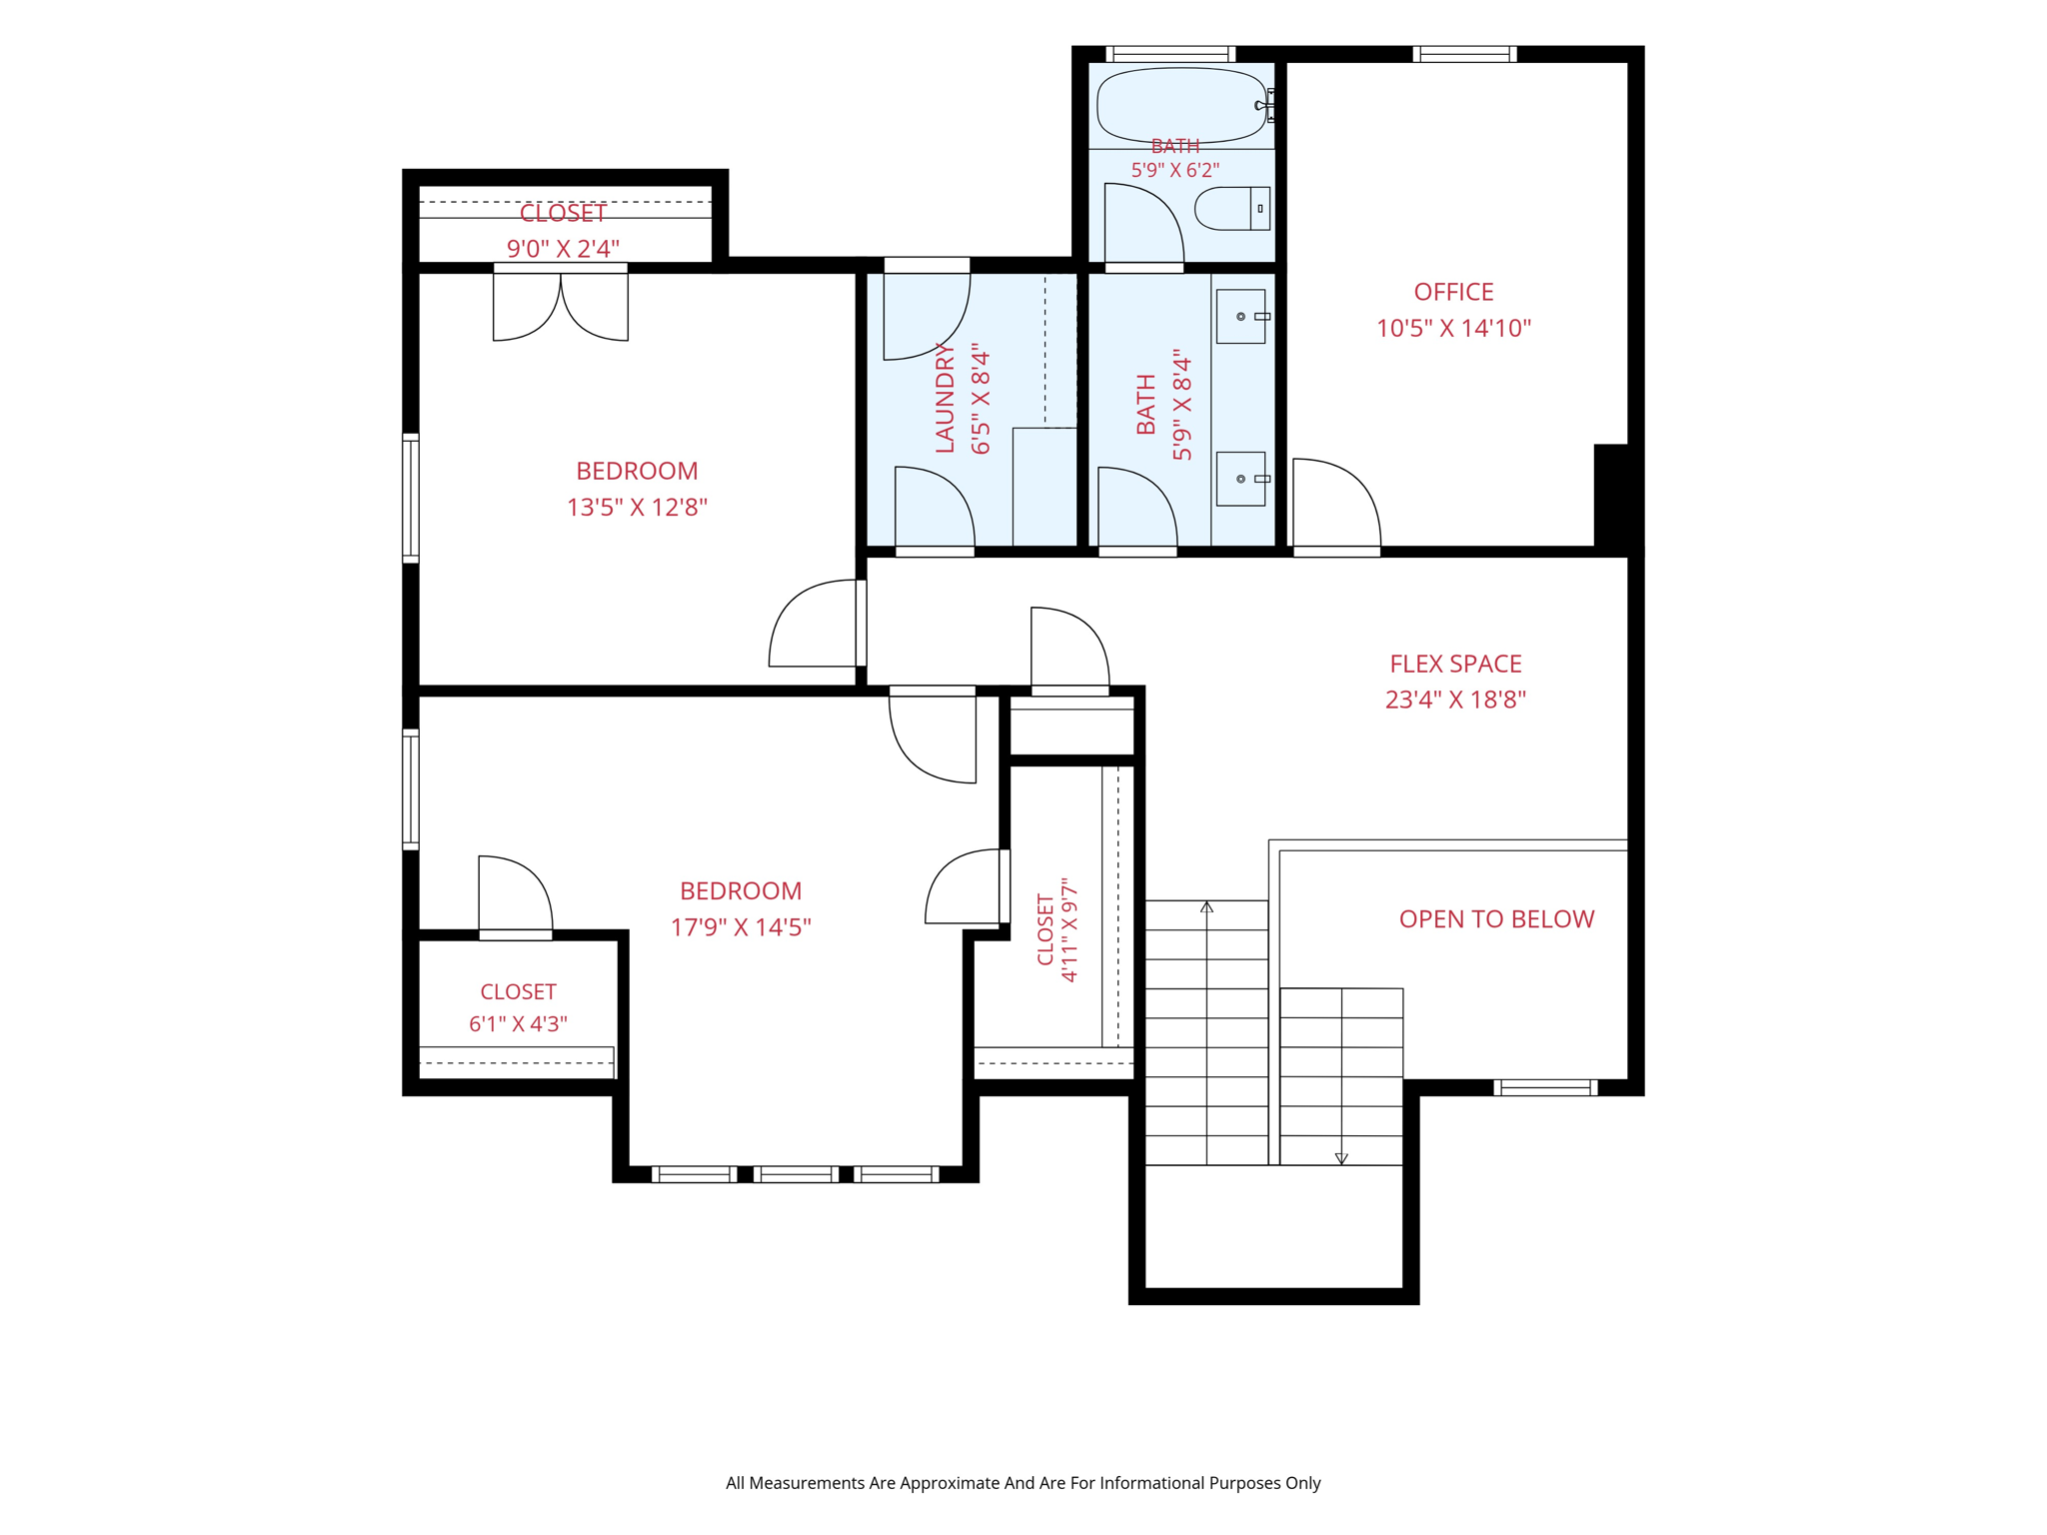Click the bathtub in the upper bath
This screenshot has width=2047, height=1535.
tap(1180, 105)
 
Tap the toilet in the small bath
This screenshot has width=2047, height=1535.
tap(1231, 208)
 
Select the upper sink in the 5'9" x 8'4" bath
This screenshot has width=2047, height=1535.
tap(1241, 316)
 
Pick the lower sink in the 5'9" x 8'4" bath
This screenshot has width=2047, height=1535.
tap(1241, 479)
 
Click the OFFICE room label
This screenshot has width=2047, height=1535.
tap(1453, 292)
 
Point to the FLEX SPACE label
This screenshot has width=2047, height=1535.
tap(1455, 664)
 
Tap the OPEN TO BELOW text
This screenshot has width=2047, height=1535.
tap(1496, 918)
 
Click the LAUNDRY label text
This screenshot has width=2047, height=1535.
tap(946, 397)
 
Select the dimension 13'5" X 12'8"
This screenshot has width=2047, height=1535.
tap(637, 508)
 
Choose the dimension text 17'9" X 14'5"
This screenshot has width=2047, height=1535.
tap(741, 927)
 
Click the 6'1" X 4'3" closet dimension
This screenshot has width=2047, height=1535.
tap(518, 1024)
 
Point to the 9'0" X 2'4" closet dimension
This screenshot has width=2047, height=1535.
tap(563, 249)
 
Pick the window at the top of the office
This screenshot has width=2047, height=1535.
tap(1464, 54)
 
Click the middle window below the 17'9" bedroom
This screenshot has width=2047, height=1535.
tap(796, 1174)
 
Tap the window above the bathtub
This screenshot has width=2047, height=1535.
tap(1170, 54)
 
